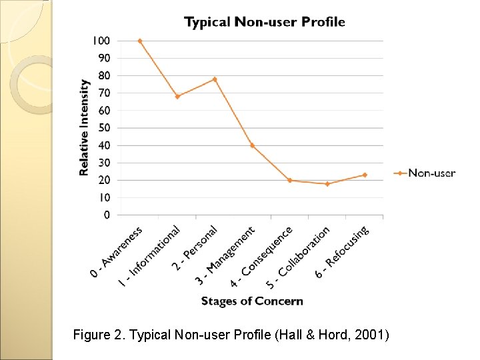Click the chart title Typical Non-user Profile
265,22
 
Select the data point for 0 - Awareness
140,41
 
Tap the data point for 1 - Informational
177,97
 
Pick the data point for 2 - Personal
215,79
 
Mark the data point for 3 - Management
252,145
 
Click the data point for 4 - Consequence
289,180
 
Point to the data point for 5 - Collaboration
327,184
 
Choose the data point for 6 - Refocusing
365,175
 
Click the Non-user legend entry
431,173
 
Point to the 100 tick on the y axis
101,41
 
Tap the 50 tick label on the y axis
104,128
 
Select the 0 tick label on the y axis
107,215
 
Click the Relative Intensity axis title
85,128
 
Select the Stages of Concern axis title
252,301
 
